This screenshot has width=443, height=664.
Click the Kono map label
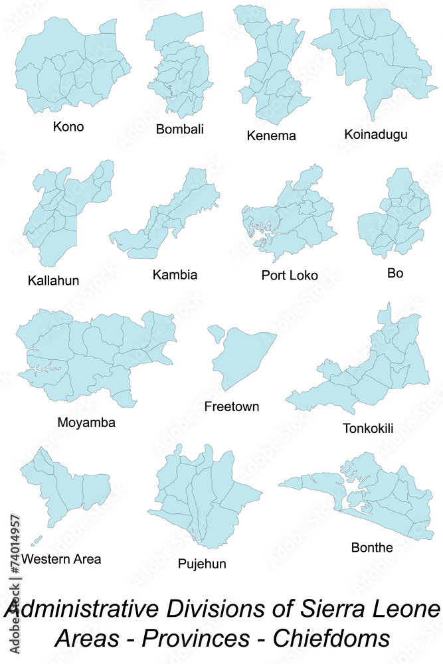pyautogui.click(x=68, y=126)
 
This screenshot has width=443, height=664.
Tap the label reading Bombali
pyautogui.click(x=179, y=129)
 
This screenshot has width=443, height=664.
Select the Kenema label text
pyautogui.click(x=271, y=135)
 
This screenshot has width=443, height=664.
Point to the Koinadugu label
pyautogui.click(x=376, y=135)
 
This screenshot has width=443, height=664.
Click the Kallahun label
pyautogui.click(x=53, y=280)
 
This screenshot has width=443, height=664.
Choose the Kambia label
pyautogui.click(x=175, y=274)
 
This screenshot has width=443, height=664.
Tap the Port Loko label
pyautogui.click(x=290, y=275)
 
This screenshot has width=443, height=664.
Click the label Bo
pyautogui.click(x=395, y=273)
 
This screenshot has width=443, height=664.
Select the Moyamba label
pyautogui.click(x=86, y=422)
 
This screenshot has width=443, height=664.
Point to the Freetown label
pyautogui.click(x=232, y=406)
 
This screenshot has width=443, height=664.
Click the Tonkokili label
pyautogui.click(x=367, y=428)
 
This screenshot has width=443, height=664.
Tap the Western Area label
pyautogui.click(x=61, y=558)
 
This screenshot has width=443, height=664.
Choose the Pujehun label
pyautogui.click(x=202, y=564)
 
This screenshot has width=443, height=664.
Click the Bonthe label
pyautogui.click(x=372, y=547)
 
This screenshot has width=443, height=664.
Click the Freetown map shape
pyautogui.click(x=242, y=359)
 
